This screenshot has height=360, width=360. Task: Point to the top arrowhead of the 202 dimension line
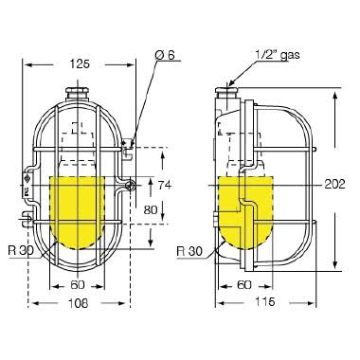click(x=333, y=96)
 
